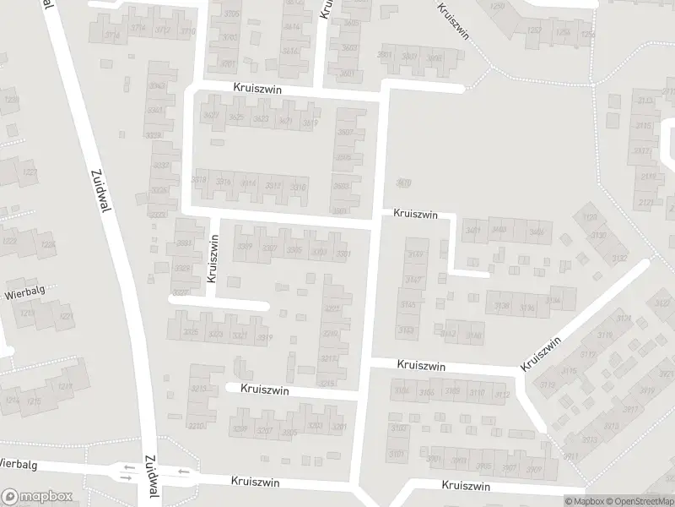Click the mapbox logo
[37, 497]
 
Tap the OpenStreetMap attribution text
[640, 501]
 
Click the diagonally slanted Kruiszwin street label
[541, 353]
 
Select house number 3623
[261, 119]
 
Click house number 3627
[212, 116]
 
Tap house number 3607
[344, 134]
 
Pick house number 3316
[224, 182]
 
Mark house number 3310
[298, 187]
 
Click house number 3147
[413, 280]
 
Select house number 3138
[502, 306]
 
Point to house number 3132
[620, 258]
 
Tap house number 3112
[501, 395]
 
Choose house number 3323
[216, 335]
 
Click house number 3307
[270, 248]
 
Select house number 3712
[162, 31]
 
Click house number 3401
[473, 230]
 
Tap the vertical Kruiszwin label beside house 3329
[212, 263]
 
